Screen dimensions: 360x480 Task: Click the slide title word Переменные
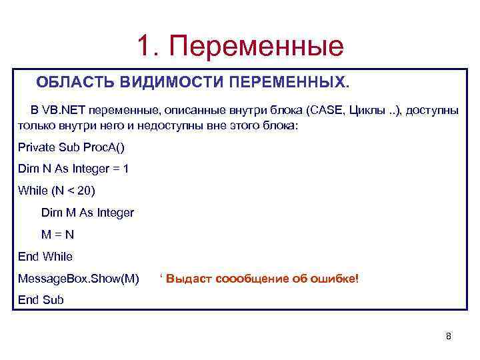click(x=257, y=45)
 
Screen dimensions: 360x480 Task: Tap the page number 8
click(x=448, y=336)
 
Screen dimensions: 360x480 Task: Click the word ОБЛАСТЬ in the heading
click(x=75, y=82)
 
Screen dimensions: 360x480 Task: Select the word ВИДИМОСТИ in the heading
click(x=172, y=82)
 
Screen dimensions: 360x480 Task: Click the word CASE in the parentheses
click(x=325, y=109)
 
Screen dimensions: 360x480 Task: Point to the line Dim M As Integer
click(x=87, y=213)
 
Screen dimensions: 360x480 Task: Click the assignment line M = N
click(x=57, y=235)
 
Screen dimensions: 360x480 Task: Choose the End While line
click(x=45, y=256)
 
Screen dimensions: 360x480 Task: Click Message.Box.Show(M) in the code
click(x=79, y=278)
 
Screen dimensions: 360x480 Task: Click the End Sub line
click(x=41, y=299)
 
